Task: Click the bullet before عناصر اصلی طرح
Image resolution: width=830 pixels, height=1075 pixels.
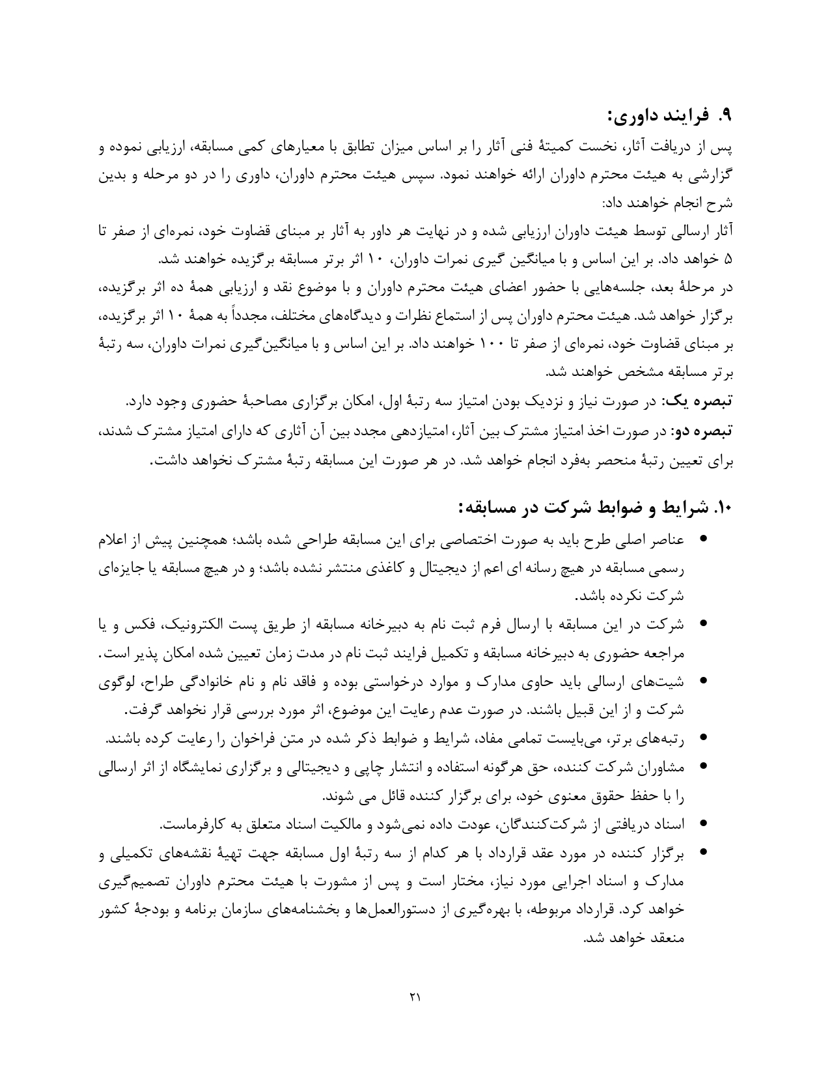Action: pos(702,540)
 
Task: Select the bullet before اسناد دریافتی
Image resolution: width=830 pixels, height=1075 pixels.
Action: pos(702,824)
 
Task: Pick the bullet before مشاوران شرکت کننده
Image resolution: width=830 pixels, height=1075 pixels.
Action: pos(702,768)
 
